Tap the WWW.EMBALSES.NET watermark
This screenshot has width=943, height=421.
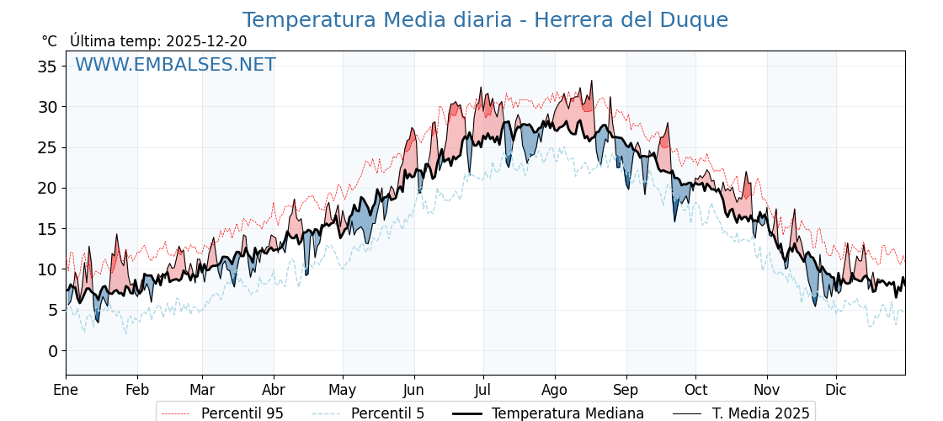tap(175, 65)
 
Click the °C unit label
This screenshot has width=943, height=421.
tap(50, 41)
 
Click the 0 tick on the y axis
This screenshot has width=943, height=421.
tap(52, 351)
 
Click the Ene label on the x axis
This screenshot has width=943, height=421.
tap(66, 390)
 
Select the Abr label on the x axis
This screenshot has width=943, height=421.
tap(274, 390)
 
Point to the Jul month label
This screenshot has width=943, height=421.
tap(483, 390)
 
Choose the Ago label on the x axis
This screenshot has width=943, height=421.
tap(555, 390)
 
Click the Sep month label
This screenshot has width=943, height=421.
tap(626, 390)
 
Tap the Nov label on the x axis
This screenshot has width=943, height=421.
tap(767, 390)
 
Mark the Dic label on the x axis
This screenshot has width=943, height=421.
tap(836, 390)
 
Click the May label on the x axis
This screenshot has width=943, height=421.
tap(343, 390)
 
